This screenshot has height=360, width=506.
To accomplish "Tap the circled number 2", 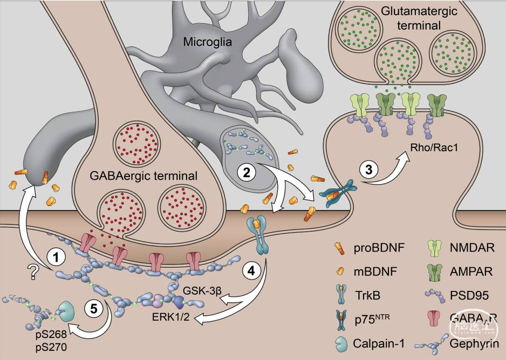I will tap(247, 173).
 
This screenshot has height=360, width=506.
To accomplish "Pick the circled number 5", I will tap(92, 309).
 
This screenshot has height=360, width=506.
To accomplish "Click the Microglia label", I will tap(207, 42).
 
